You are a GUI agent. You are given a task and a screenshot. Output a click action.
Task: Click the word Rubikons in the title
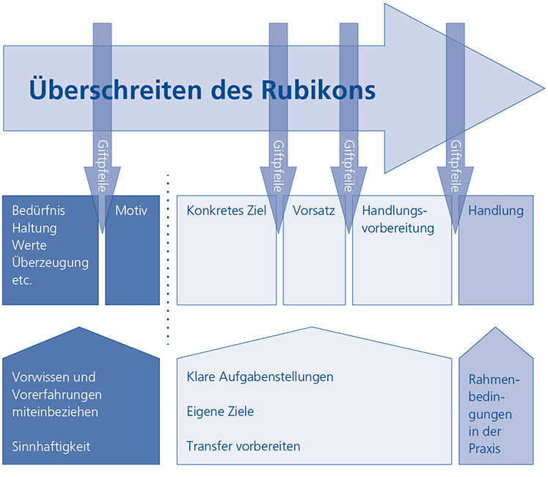(x=318, y=90)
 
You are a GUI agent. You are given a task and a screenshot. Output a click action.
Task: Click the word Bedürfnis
(x=39, y=211)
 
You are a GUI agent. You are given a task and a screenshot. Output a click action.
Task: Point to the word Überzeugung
(x=50, y=262)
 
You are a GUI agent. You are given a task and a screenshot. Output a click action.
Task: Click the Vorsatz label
(x=314, y=211)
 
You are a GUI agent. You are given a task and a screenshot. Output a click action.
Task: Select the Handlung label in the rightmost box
(x=496, y=211)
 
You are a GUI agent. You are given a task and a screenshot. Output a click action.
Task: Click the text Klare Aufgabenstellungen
(x=260, y=376)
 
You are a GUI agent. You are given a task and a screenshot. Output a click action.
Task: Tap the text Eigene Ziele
(x=220, y=412)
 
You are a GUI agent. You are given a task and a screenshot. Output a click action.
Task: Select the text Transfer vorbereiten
(x=244, y=446)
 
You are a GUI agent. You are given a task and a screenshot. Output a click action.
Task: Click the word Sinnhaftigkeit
(x=51, y=446)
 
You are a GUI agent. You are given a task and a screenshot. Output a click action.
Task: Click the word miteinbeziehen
(x=55, y=412)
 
